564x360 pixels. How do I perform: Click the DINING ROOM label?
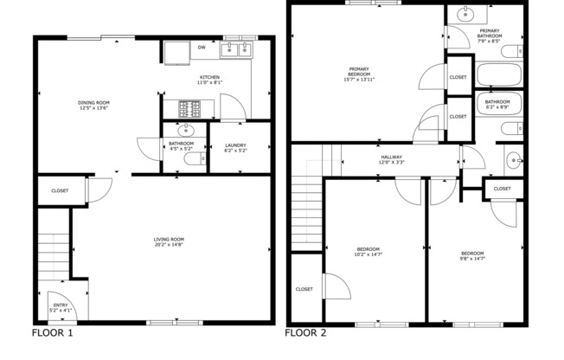coord(92,105)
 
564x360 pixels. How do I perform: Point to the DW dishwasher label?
coord(202,48)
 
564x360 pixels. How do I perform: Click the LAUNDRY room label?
coord(235,145)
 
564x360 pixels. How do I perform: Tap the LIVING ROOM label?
coord(169,240)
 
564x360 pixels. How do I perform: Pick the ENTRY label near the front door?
coord(61,305)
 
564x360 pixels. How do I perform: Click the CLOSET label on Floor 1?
coord(60,190)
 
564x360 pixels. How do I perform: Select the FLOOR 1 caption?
coord(52,332)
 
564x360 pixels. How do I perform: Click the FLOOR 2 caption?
coord(306,332)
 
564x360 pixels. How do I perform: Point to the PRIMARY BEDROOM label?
coord(359,73)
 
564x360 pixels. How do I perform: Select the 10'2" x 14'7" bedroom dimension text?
coord(368,254)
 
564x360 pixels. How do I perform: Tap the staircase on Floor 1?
coord(53,255)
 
